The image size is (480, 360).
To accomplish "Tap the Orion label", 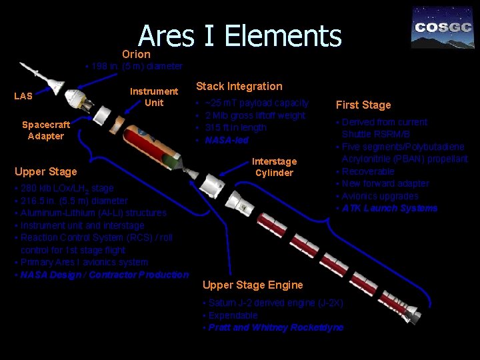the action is tap(136, 54).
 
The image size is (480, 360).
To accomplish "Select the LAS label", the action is tap(23, 96).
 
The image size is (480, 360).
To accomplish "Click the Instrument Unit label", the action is tap(154, 97).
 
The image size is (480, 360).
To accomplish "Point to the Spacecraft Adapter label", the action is tap(46, 130).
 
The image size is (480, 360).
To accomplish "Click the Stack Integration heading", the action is tap(239, 86).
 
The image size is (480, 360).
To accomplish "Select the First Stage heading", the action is tap(363, 105).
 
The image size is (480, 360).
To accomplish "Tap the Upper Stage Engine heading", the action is tap(252, 285).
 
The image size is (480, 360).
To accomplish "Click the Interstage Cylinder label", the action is tap(274, 167).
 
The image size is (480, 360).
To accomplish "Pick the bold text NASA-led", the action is tap(227, 140).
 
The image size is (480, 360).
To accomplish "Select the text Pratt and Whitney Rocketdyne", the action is tap(276, 327).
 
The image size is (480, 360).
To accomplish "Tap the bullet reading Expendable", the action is tap(233, 315).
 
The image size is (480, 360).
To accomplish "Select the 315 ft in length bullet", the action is tap(235, 127).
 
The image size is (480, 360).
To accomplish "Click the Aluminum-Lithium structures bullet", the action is tap(93, 213).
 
